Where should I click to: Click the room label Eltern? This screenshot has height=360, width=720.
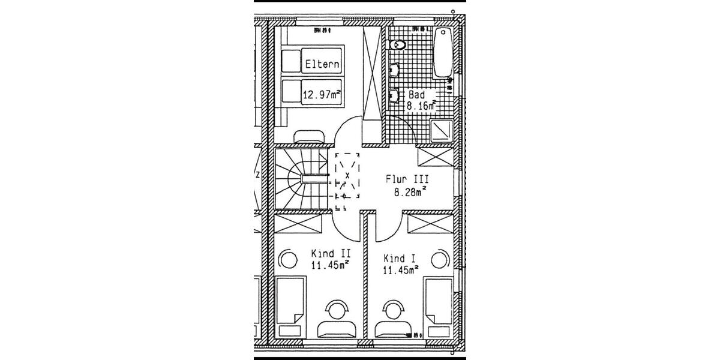(322, 64)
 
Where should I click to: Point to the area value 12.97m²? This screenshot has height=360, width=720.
(322, 94)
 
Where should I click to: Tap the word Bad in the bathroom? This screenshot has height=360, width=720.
(416, 95)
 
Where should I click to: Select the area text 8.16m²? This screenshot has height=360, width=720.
(421, 106)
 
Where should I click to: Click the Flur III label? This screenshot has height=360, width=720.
(407, 179)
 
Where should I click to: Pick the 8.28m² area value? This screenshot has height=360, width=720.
(410, 193)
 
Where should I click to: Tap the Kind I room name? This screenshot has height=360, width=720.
(400, 259)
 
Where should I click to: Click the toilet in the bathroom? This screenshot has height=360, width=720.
(397, 46)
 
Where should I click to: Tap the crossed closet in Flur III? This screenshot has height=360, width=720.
(434, 157)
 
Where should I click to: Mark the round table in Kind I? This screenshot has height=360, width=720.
(441, 259)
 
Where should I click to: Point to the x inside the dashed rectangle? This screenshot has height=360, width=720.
(347, 176)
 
